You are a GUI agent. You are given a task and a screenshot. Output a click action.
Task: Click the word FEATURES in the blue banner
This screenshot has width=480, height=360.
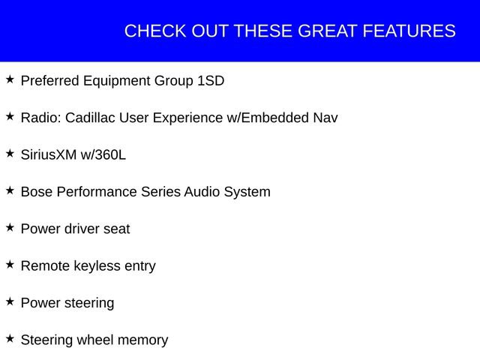[409, 31]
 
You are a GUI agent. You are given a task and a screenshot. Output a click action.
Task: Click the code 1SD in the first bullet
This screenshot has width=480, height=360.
[210, 80]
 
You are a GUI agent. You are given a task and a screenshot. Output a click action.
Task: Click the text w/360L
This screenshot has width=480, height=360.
[103, 154]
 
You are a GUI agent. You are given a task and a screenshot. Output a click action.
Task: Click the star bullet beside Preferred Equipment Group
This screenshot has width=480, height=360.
[10, 79]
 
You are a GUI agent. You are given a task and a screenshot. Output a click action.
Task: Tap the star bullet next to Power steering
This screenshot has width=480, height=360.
[10, 301]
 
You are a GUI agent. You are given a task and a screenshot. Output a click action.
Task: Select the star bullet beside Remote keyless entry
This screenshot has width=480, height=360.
[10, 264]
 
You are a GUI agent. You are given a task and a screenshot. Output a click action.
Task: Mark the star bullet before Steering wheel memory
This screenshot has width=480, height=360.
[10, 338]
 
